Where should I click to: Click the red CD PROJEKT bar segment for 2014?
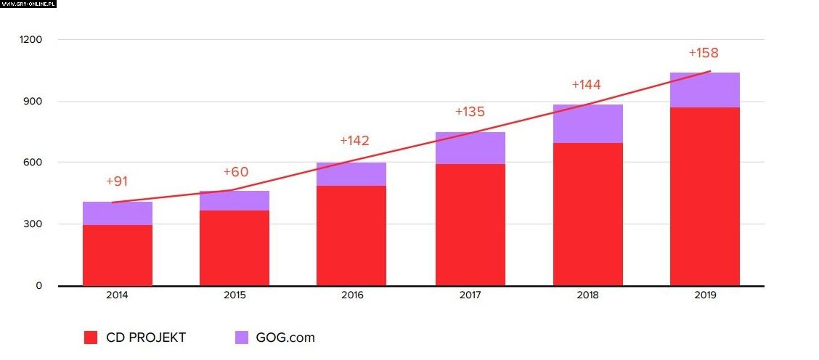[x=118, y=255]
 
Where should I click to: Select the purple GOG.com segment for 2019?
[x=704, y=90]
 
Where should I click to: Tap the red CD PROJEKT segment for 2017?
[x=470, y=224]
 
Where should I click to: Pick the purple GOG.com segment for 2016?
[x=351, y=174]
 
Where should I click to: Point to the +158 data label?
[x=703, y=53]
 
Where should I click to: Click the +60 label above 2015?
[x=236, y=172]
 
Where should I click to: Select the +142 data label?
[x=354, y=141]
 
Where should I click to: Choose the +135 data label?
[x=470, y=112]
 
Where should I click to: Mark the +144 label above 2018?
[x=586, y=84]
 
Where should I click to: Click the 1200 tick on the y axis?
[x=31, y=39]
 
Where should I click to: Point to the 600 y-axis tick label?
[x=33, y=163]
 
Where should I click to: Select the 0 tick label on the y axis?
[x=38, y=286]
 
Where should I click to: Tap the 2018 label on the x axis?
[x=587, y=296]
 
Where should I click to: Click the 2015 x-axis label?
[x=235, y=296]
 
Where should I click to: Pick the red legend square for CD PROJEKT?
[x=91, y=337]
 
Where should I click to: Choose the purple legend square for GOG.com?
[x=242, y=337]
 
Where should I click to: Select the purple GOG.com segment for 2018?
[x=587, y=123]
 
